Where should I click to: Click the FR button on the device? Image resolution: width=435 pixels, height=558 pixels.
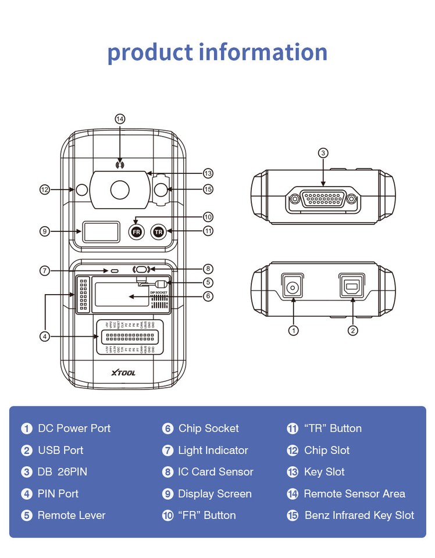[136, 231]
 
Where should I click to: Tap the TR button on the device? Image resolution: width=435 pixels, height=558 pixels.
[158, 231]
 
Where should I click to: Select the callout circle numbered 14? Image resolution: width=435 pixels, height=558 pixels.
[120, 119]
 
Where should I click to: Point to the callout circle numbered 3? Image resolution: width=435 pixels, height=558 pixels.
[323, 153]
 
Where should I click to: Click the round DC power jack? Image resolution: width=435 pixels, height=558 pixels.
[293, 287]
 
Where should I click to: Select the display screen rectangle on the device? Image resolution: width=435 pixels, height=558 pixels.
[100, 231]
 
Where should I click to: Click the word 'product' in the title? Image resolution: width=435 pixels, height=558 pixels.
[149, 52]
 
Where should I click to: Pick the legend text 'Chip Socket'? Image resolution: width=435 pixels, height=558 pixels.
[208, 428]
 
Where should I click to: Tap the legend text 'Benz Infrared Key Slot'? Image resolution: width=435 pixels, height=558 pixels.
[359, 515]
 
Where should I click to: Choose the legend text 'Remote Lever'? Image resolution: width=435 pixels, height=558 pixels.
[72, 515]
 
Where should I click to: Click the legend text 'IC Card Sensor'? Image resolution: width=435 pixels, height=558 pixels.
[215, 472]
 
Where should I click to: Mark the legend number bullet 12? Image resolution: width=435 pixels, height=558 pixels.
[293, 450]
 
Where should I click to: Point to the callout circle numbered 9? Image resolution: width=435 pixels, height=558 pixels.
[44, 231]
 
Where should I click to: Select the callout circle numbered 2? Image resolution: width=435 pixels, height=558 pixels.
[352, 330]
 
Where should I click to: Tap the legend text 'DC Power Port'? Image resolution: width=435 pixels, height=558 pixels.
[74, 428]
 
